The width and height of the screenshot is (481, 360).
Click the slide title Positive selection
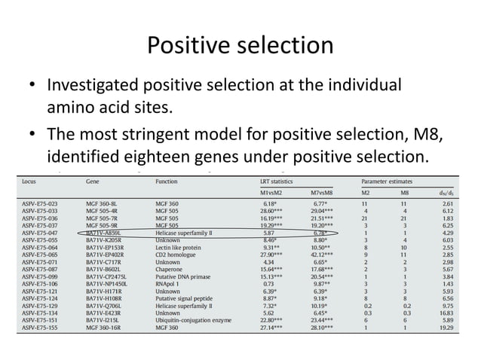[240, 47]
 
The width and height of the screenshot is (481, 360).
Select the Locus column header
[30, 182]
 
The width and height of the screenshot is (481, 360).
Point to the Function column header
[167, 182]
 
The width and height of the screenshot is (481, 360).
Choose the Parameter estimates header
[390, 182]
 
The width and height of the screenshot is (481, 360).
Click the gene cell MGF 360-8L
[103, 203]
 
